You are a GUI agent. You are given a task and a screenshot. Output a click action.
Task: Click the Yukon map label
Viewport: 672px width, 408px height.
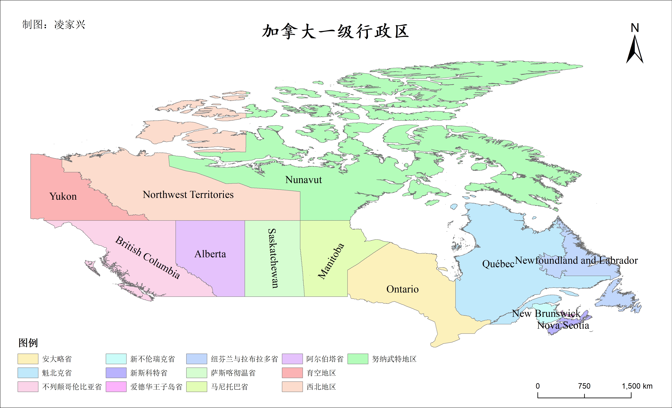point(63,196)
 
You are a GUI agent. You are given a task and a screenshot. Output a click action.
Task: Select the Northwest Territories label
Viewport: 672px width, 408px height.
point(188,194)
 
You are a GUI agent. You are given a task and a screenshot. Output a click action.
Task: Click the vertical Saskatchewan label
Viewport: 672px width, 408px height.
point(273,258)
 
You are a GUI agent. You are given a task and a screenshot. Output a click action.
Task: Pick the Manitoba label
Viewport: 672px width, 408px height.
point(331,261)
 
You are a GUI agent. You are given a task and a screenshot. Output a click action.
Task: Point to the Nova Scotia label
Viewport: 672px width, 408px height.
point(563,325)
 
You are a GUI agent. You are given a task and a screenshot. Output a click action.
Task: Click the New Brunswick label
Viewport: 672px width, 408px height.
point(546,314)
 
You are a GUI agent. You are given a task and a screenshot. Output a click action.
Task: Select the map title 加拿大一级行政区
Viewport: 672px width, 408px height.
point(336,31)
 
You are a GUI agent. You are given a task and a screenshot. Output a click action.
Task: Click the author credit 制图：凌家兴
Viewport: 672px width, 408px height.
point(54,24)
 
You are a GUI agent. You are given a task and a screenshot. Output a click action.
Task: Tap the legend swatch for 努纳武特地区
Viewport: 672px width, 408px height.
point(358,359)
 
